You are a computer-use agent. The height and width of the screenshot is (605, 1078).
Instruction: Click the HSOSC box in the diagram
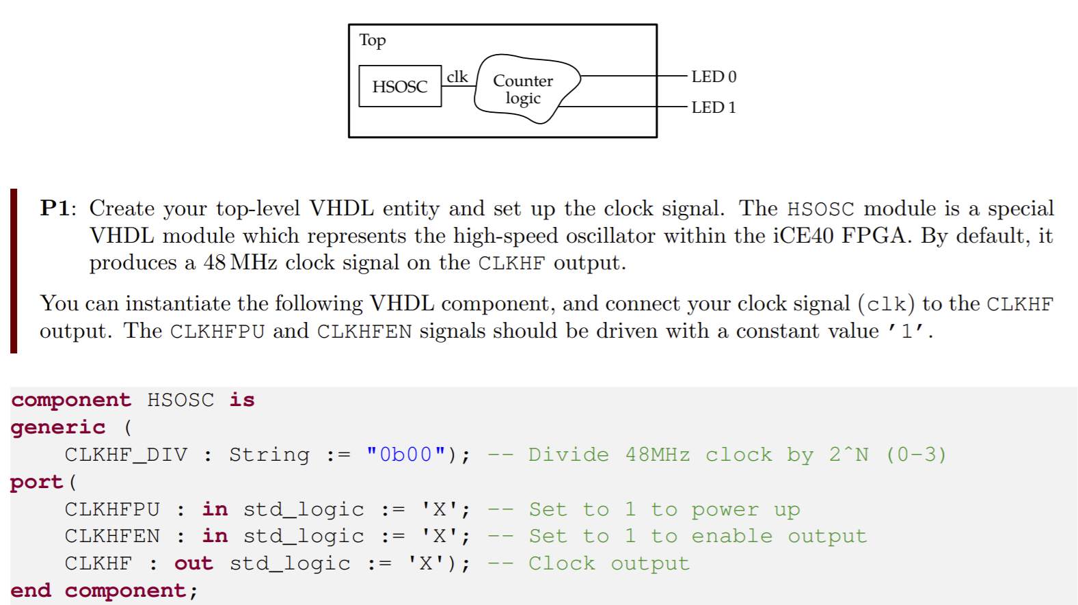[400, 86]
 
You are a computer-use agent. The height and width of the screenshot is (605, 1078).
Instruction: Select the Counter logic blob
[524, 89]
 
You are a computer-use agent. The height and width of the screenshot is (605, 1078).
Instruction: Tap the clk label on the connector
[457, 77]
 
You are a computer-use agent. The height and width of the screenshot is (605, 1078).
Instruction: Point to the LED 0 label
[714, 77]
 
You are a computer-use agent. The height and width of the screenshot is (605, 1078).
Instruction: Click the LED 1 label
[714, 107]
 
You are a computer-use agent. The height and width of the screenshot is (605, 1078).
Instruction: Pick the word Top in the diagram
[373, 40]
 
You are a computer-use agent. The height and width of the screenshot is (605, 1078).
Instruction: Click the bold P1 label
[55, 208]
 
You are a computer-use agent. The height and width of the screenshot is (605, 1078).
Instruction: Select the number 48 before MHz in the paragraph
[215, 263]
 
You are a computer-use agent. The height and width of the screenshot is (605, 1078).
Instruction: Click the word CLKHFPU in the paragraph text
[217, 332]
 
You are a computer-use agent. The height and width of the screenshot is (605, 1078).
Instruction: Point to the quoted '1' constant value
[906, 332]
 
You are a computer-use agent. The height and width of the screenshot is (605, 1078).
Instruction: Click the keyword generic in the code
[58, 427]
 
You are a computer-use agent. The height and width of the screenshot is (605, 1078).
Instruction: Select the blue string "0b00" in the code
[406, 455]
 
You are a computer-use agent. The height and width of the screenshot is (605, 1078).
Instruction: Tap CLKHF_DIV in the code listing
[126, 455]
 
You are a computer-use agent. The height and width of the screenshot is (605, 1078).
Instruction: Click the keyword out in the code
[193, 563]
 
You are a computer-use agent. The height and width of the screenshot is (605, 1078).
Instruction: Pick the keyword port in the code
[36, 482]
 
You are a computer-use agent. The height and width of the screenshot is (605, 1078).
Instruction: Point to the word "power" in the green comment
[725, 510]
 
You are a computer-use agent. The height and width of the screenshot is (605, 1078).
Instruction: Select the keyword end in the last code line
[31, 591]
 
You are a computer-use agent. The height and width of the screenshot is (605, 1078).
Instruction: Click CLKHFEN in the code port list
[112, 536]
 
